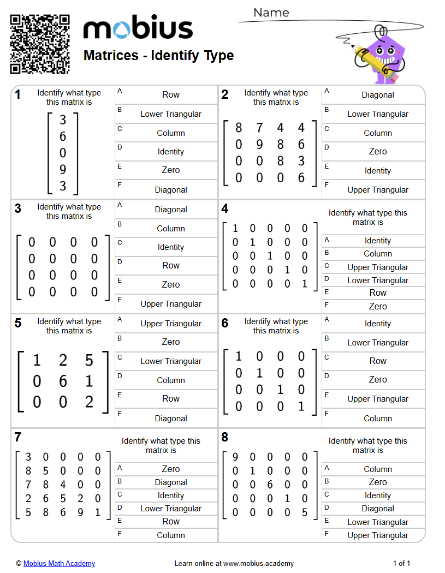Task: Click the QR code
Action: tap(40, 44)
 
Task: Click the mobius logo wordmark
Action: tap(138, 28)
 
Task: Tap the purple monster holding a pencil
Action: tap(382, 55)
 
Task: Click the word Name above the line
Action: tap(271, 13)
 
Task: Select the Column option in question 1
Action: tap(171, 133)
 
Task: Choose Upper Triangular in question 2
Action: tap(378, 190)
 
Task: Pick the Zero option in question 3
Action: tap(171, 284)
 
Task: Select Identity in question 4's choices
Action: tap(378, 241)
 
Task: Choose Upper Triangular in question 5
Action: tap(171, 324)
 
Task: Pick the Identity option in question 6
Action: tap(378, 324)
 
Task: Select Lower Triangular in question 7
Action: tap(171, 509)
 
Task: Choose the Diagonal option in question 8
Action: tap(378, 509)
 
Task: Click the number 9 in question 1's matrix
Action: tap(63, 170)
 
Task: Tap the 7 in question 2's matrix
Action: tap(259, 128)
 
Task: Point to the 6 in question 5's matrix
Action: tap(63, 381)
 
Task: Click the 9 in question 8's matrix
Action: tap(235, 457)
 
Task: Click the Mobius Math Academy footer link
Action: tap(59, 564)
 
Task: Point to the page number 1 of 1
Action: tap(401, 564)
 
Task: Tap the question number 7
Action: tap(18, 437)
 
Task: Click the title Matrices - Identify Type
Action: tap(158, 56)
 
